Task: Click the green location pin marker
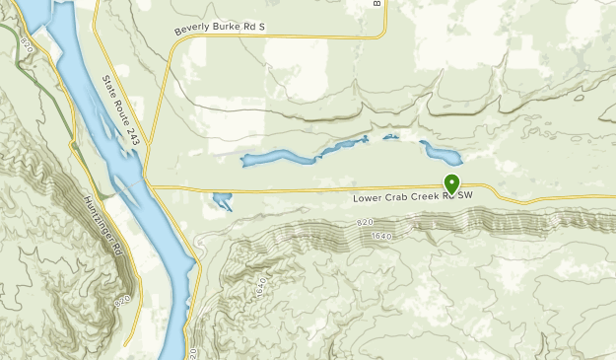tap(452, 183)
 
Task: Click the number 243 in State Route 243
tap(132, 139)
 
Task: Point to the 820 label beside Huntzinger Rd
tap(121, 298)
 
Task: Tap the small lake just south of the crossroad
tap(221, 202)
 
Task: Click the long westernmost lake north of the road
tap(271, 158)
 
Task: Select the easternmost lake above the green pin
tap(441, 154)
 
